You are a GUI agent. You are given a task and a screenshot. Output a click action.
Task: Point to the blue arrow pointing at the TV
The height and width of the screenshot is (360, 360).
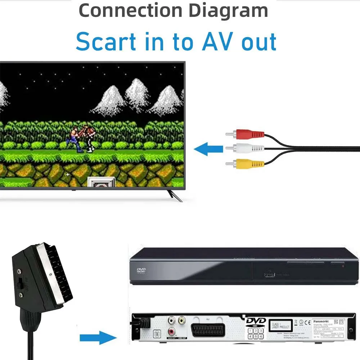tap(208, 149)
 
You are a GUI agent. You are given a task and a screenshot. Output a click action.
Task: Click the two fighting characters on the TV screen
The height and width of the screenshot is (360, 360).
tap(82, 138)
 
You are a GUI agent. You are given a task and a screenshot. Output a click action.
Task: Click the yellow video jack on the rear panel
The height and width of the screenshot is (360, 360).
tap(183, 319)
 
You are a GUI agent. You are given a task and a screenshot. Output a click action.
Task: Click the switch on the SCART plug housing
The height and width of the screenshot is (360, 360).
tap(22, 284)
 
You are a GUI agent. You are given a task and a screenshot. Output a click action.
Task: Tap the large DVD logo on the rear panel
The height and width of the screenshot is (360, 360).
tap(256, 321)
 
